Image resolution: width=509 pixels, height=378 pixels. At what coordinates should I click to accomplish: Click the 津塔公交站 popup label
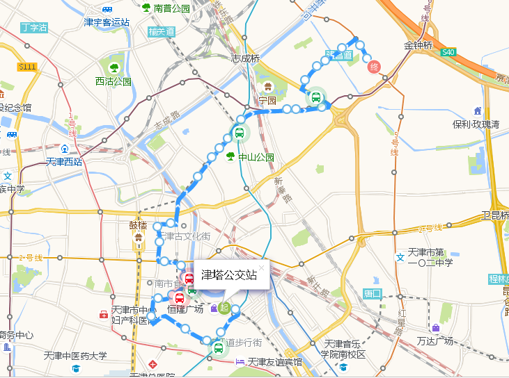(229, 275)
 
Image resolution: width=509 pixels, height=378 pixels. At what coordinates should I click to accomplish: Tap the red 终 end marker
(374, 67)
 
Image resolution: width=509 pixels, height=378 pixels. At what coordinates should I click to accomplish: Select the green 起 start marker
(224, 307)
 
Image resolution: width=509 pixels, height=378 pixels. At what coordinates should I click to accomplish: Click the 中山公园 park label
(256, 157)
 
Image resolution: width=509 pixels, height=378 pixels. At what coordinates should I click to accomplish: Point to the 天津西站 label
(63, 162)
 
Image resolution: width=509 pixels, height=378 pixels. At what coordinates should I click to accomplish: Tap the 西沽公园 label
(113, 81)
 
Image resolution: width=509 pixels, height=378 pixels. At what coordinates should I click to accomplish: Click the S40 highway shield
(449, 52)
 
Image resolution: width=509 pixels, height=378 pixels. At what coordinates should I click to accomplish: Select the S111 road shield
(27, 66)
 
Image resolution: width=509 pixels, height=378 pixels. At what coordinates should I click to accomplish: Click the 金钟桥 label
(418, 46)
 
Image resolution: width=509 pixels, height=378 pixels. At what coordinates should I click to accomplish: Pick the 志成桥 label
(245, 59)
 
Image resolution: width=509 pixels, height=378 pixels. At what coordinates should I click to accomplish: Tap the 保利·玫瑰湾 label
(476, 124)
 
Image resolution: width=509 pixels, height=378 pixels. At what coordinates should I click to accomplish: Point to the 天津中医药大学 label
(75, 356)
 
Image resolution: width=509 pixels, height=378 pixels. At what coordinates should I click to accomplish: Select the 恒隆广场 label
(185, 309)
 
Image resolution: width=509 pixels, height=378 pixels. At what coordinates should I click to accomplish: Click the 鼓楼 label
(138, 226)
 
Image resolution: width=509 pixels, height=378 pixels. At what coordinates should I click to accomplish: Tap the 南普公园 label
(171, 9)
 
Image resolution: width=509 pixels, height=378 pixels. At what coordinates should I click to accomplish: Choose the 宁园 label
(267, 100)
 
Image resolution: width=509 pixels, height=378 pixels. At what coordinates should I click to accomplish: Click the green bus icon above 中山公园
(239, 133)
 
